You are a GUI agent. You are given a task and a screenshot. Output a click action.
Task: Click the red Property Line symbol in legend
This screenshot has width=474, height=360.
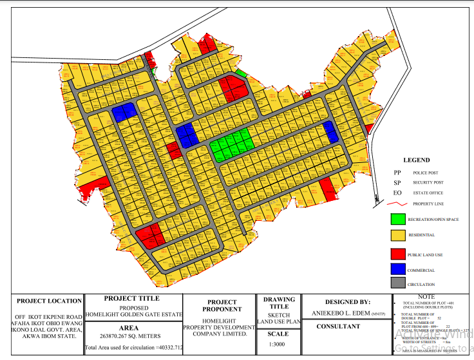pyautogui.click(x=399, y=204)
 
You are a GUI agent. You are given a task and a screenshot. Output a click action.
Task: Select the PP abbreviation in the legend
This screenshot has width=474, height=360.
pyautogui.click(x=397, y=173)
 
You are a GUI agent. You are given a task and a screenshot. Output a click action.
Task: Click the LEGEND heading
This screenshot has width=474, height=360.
pyautogui.click(x=415, y=160)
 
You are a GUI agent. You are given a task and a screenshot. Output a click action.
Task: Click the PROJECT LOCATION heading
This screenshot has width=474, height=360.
pyautogui.click(x=49, y=301)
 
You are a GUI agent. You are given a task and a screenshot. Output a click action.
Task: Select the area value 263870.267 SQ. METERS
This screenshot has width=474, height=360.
pyautogui.click(x=133, y=336)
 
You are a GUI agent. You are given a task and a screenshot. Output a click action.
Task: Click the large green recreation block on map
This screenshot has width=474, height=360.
pyautogui.click(x=231, y=145)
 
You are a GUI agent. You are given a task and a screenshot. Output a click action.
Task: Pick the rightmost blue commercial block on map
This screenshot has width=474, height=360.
pyautogui.click(x=331, y=132)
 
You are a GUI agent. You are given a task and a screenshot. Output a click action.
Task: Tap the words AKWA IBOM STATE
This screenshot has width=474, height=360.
pyautogui.click(x=49, y=336)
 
